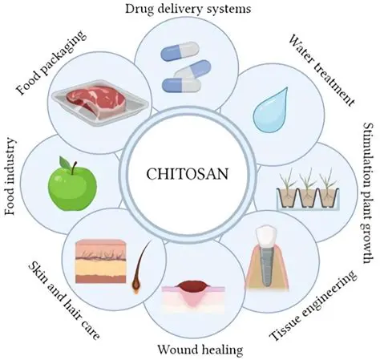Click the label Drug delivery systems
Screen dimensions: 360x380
coord(188,9)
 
